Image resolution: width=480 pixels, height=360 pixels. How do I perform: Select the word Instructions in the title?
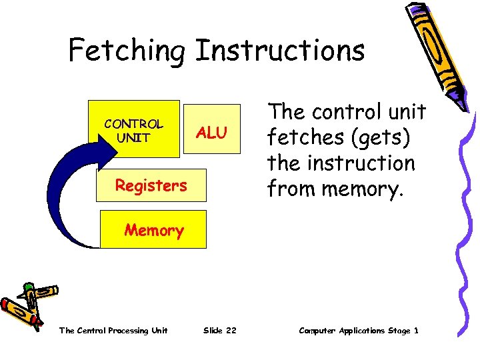[280, 51]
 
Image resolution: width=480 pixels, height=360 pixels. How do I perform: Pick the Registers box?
[151, 185]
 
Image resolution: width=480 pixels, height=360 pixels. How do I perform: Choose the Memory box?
[154, 230]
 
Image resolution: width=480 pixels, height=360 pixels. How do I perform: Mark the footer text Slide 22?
[219, 331]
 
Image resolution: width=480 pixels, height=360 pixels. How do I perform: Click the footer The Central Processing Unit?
[113, 331]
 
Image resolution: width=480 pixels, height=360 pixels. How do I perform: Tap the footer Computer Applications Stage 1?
[359, 331]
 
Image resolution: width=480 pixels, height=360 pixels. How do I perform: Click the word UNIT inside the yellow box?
[133, 137]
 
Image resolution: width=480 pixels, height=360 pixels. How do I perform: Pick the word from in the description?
[289, 189]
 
